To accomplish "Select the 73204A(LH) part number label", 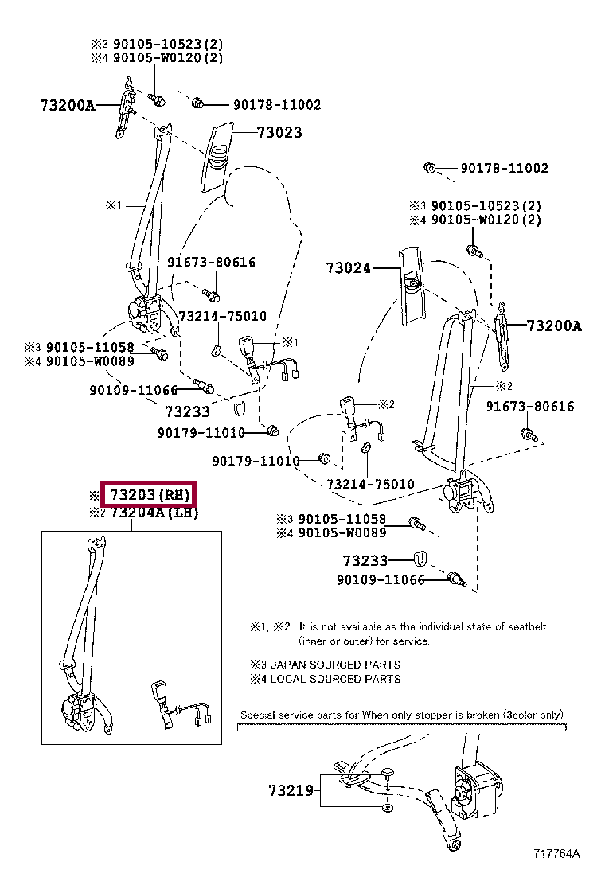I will (x=154, y=513).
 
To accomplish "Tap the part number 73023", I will (x=279, y=133).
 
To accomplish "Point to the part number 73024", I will (x=349, y=268).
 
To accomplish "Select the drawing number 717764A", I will (x=556, y=854).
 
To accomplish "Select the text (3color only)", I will (x=533, y=715).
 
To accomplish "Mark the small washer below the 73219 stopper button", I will (x=387, y=809).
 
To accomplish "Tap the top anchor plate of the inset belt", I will (x=98, y=544).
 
